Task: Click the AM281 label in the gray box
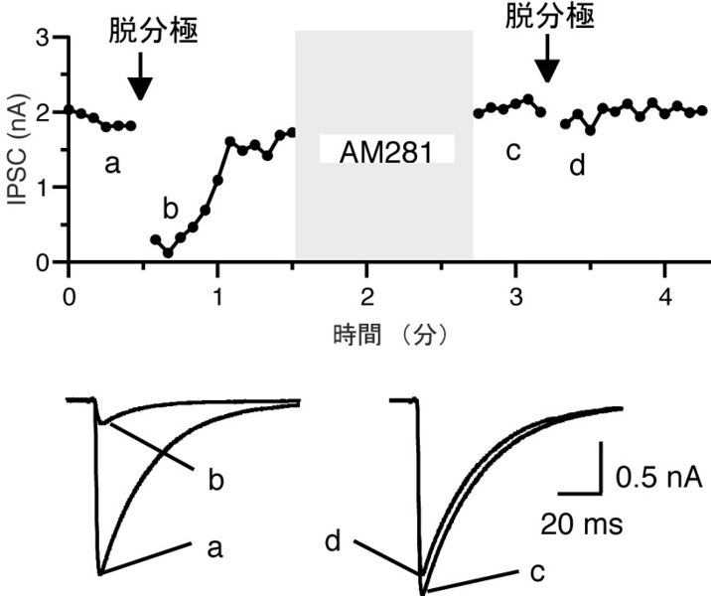385,151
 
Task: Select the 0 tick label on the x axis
68,294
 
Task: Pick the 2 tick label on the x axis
366,294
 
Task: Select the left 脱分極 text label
153,31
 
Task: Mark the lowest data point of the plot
168,253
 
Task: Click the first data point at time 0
69,109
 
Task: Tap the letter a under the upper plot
112,164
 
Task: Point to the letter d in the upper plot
577,165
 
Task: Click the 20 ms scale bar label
583,522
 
